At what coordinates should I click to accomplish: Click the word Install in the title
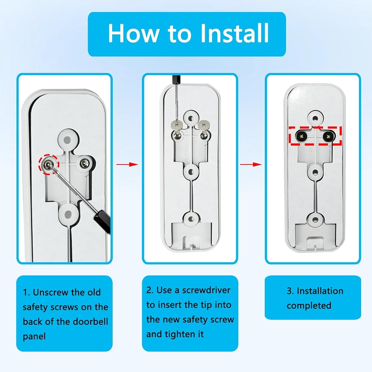pos(234,33)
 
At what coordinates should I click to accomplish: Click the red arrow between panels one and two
pos(127,164)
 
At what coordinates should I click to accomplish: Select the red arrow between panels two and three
pos(250,164)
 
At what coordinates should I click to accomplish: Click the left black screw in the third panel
pos(301,136)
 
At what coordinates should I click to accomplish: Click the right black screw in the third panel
pos(328,136)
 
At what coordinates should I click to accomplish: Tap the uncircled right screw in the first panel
pos(84,163)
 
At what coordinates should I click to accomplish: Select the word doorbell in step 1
pos(90,321)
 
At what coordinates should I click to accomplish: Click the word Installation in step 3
pos(320,291)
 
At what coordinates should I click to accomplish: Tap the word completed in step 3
pos(309,305)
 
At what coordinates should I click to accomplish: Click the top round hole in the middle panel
pos(190,118)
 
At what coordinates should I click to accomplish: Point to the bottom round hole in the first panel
pos(68,215)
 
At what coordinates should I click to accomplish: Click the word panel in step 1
pos(34,336)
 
